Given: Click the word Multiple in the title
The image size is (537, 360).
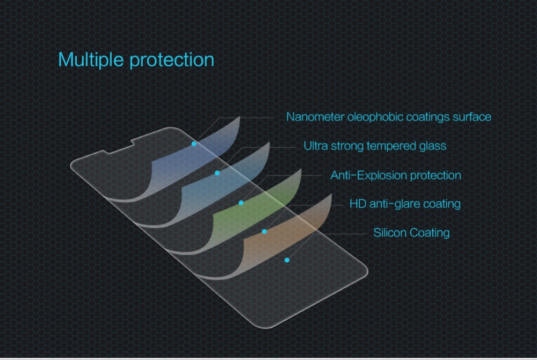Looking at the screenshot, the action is pyautogui.click(x=91, y=60).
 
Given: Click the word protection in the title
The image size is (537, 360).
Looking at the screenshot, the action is pyautogui.click(x=172, y=60).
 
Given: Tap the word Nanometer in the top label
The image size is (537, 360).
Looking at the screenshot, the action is pyautogui.click(x=315, y=117).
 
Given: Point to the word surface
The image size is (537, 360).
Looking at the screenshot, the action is pyautogui.click(x=472, y=117).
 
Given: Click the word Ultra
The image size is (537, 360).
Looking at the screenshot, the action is pyautogui.click(x=315, y=146).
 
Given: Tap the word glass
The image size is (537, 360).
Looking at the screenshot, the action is pyautogui.click(x=432, y=146).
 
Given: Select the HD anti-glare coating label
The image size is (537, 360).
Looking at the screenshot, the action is pyautogui.click(x=405, y=204).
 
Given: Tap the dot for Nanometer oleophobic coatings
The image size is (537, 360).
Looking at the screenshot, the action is pyautogui.click(x=194, y=144).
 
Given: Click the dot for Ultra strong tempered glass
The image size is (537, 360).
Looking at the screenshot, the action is pyautogui.click(x=217, y=173).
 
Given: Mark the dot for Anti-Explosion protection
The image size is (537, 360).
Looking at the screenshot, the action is pyautogui.click(x=241, y=203).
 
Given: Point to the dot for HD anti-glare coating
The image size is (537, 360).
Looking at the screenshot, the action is pyautogui.click(x=264, y=232).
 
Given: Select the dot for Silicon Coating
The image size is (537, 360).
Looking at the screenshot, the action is pyautogui.click(x=287, y=260).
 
